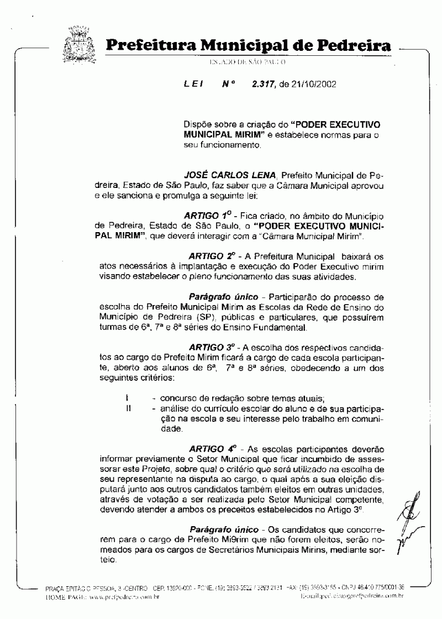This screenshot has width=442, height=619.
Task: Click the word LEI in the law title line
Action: click(193, 85)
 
